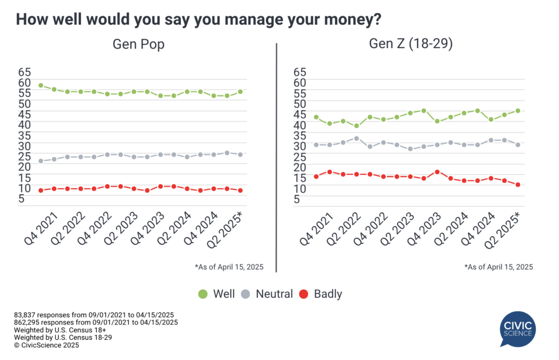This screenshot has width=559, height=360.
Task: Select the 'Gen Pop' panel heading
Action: (x=139, y=45)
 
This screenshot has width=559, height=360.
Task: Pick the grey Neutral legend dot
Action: (x=246, y=295)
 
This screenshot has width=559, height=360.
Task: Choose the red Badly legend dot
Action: (x=304, y=295)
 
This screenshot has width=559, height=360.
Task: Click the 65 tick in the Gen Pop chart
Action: (x=25, y=72)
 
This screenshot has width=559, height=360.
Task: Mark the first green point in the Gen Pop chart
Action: (x=41, y=86)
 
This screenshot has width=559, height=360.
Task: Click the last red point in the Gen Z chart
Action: (x=518, y=185)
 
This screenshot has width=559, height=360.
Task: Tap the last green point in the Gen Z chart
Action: (x=518, y=111)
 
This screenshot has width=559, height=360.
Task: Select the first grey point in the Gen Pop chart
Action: (x=41, y=161)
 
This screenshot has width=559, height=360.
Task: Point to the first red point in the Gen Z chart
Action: (x=316, y=176)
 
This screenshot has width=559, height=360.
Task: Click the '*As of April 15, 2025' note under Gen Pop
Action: (x=229, y=267)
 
